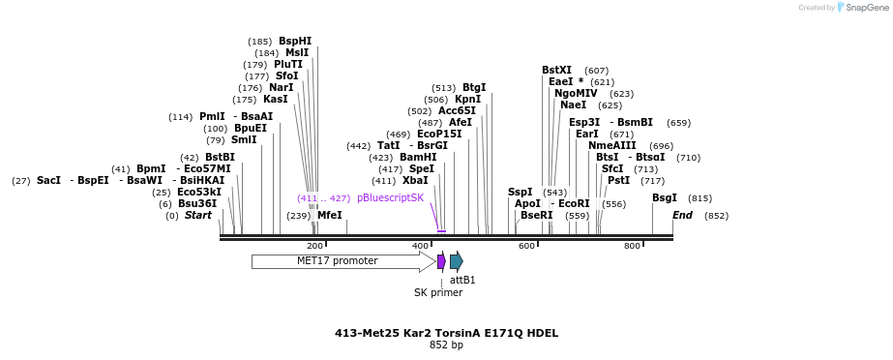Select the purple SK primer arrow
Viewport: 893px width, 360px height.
[x=441, y=261]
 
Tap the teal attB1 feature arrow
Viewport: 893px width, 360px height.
[x=457, y=261]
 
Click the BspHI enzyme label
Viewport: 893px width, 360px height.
[x=295, y=41]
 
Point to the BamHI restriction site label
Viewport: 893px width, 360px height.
[x=418, y=157]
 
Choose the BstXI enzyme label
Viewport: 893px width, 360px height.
[x=556, y=70]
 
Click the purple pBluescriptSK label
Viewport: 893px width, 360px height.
[x=390, y=197]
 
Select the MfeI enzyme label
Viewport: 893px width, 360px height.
[x=330, y=215]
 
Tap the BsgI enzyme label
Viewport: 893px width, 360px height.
[x=665, y=197]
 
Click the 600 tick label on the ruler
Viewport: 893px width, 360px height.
[x=527, y=247]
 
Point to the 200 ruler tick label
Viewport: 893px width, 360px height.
[x=314, y=247]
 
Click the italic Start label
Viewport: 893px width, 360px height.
[x=198, y=215]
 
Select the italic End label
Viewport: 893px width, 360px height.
[x=682, y=215]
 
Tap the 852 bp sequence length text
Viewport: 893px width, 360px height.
[x=446, y=345]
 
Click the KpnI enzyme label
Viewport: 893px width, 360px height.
[x=467, y=99]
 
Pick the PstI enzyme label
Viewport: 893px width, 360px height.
[x=618, y=180]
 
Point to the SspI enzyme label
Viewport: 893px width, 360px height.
[x=521, y=192]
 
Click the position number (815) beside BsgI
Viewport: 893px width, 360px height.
[x=700, y=198]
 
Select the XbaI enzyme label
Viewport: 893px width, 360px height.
[x=415, y=180]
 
